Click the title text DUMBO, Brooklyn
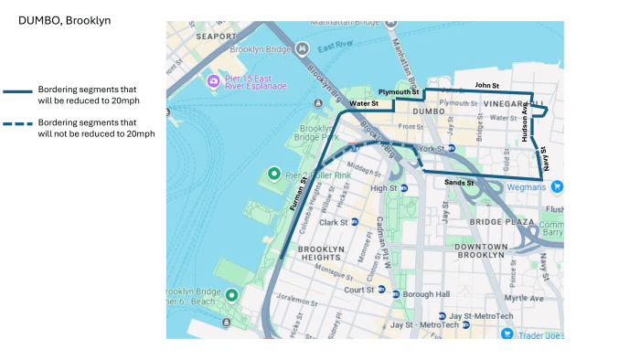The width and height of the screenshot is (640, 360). (64, 19)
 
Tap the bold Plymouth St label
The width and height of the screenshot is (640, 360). (398, 92)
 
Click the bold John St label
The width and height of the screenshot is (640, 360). (486, 86)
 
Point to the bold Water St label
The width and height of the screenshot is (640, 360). (364, 104)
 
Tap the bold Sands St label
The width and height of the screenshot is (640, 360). (458, 183)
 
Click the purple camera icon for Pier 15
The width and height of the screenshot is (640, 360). (214, 81)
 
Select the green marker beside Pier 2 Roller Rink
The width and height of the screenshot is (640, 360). (272, 174)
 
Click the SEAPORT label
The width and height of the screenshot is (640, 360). (216, 36)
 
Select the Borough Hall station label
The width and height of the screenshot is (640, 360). (429, 294)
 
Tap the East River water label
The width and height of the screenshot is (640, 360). (336, 46)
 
